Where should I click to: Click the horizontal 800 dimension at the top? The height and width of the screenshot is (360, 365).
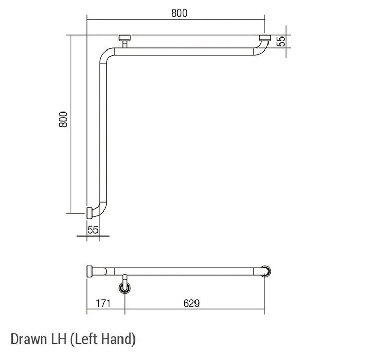pyautogui.click(x=179, y=13)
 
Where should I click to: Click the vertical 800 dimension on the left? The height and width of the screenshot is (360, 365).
pyautogui.click(x=63, y=119)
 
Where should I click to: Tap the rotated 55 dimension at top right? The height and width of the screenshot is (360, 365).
pyautogui.click(x=282, y=41)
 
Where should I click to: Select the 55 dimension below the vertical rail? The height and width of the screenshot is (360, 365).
pyautogui.click(x=93, y=230)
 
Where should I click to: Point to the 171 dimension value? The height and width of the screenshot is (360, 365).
pyautogui.click(x=103, y=303)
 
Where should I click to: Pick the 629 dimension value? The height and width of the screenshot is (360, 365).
pyautogui.click(x=191, y=303)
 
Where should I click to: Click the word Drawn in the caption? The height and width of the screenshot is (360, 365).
pyautogui.click(x=29, y=339)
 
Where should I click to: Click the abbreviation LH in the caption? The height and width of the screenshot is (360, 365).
pyautogui.click(x=58, y=339)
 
